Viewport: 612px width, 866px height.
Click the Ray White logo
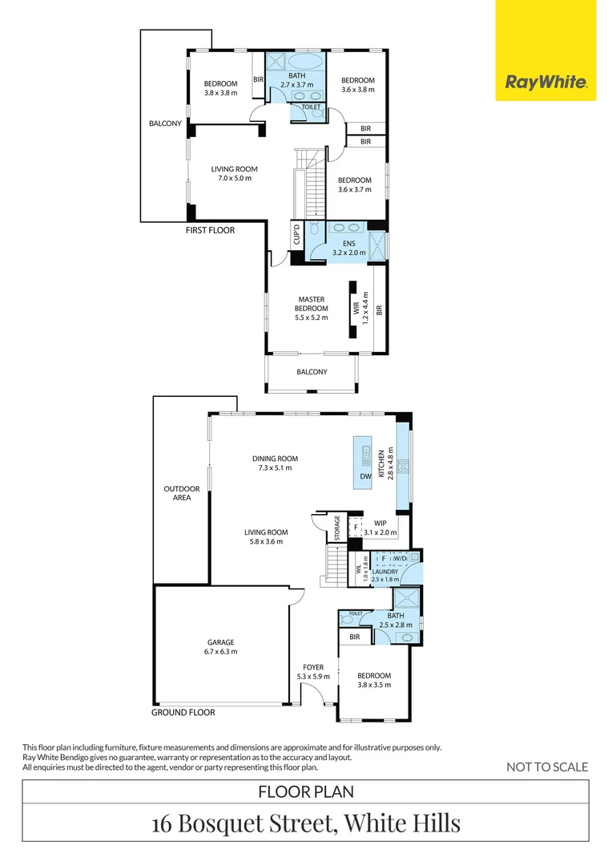tap(546, 83)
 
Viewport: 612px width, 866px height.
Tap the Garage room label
tap(221, 647)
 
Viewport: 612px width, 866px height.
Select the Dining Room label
tap(275, 463)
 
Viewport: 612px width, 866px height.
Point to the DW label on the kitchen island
tap(366, 476)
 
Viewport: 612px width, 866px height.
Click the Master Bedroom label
tap(312, 308)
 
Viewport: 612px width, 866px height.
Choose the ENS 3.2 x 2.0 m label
tap(348, 248)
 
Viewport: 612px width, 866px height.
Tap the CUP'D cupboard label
tap(296, 233)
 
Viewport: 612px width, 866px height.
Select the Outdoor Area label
tap(182, 493)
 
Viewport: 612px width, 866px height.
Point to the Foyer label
tap(313, 672)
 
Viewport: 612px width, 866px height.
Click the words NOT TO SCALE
tap(547, 767)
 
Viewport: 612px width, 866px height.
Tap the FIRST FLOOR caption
tap(210, 230)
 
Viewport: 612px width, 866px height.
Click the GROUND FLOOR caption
tap(183, 713)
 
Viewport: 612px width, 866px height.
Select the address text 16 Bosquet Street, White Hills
tap(306, 823)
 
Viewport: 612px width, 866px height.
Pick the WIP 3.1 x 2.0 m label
tap(380, 528)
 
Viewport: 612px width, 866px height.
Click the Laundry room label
tap(385, 576)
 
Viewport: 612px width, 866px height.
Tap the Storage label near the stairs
tap(338, 528)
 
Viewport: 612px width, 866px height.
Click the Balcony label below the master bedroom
tap(312, 372)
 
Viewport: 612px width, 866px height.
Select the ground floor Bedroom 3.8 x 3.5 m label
tap(374, 680)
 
